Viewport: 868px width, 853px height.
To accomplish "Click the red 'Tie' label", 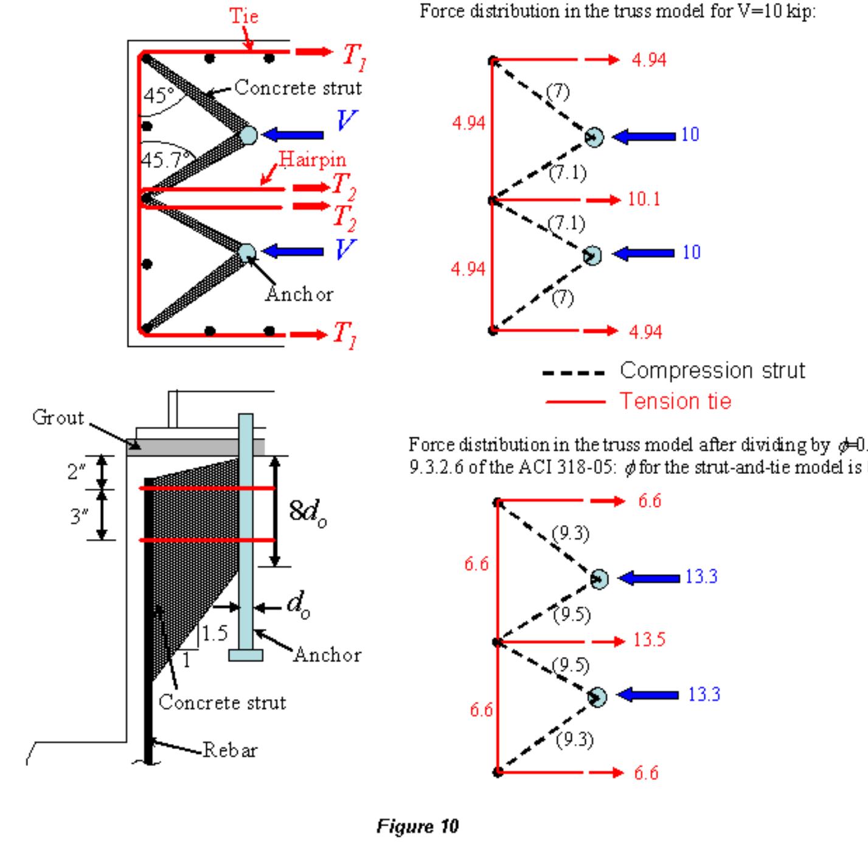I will click(x=244, y=16).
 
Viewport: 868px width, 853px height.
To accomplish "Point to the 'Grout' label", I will click(x=58, y=418).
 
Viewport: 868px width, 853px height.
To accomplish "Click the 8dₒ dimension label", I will click(x=307, y=512).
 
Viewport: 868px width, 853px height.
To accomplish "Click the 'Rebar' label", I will click(x=230, y=750).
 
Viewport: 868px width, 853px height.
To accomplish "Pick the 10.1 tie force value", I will click(x=644, y=199).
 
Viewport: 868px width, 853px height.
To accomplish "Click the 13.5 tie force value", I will click(x=649, y=640).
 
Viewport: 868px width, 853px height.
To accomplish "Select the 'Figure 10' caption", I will click(x=417, y=826).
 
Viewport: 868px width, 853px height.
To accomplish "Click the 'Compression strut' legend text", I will click(x=712, y=371).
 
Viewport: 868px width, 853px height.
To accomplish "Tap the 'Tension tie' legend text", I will click(x=675, y=402).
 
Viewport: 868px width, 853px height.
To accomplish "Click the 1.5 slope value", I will click(x=215, y=633).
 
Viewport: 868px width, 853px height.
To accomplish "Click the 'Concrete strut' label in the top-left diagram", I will click(x=298, y=88).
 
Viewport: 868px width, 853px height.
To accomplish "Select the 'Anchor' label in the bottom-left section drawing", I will click(x=327, y=655).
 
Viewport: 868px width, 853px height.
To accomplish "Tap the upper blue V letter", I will click(x=347, y=120).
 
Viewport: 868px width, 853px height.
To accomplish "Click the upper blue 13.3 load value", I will click(x=701, y=577).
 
